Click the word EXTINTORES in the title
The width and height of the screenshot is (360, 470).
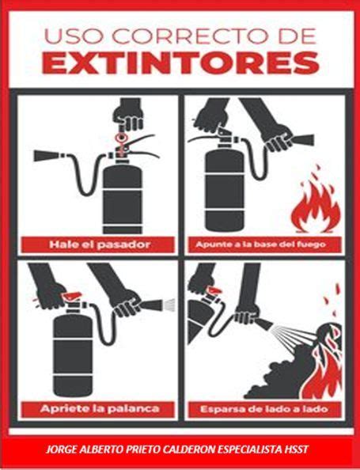point(180,63)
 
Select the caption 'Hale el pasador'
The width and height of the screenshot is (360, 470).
point(100,244)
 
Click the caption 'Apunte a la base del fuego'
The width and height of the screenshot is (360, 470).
point(260,244)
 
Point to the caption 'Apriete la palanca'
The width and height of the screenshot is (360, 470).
point(100,408)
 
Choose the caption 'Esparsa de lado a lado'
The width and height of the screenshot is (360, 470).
point(264,409)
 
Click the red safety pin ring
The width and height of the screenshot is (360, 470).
point(121,138)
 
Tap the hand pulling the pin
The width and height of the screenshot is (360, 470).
point(128,114)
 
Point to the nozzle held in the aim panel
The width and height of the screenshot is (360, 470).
point(302,140)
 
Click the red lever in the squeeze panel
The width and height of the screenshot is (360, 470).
point(72,296)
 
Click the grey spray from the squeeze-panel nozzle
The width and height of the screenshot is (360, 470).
point(169,305)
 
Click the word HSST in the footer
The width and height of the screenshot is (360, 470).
point(297,449)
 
